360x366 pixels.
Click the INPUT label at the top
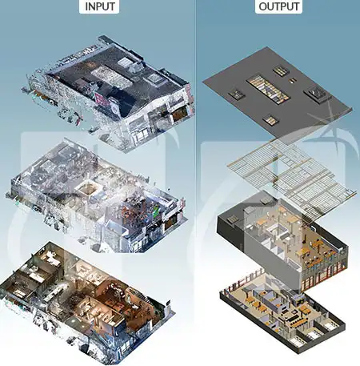click(x=99, y=6)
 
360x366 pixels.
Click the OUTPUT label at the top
click(x=278, y=6)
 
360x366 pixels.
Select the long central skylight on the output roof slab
click(x=268, y=88)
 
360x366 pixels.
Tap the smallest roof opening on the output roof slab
click(x=293, y=80)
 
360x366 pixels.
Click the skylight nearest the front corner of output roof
click(x=270, y=120)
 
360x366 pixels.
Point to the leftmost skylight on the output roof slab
click(x=237, y=95)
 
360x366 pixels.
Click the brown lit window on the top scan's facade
click(x=179, y=113)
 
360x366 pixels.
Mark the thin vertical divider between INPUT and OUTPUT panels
click(x=196, y=183)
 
